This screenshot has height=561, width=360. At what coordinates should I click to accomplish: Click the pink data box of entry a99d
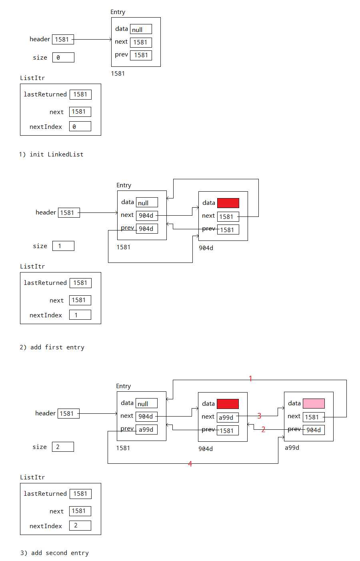(314, 403)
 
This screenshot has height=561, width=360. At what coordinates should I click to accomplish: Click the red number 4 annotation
(190, 464)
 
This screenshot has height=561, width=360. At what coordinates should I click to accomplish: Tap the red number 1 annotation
(250, 379)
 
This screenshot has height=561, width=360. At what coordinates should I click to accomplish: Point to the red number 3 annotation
(259, 416)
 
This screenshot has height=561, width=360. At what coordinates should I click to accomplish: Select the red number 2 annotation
(263, 429)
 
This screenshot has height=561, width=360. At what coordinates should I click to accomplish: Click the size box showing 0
(63, 57)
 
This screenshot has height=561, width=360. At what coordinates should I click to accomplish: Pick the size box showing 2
(63, 447)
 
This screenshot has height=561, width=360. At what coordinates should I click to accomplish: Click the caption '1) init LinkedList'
(51, 154)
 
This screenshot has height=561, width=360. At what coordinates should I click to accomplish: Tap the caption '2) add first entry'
(52, 347)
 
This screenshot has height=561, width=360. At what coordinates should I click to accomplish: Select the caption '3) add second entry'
(54, 553)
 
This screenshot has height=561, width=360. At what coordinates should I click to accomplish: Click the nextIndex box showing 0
(80, 126)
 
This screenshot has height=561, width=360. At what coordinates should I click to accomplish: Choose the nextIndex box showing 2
(80, 525)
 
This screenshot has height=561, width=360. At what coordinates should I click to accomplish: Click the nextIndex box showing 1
(80, 315)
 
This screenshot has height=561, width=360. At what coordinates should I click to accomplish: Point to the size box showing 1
(63, 246)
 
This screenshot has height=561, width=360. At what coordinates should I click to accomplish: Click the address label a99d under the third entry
(292, 448)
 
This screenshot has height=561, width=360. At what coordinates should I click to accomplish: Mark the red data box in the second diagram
(228, 203)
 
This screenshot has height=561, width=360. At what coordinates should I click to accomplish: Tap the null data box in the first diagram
(141, 29)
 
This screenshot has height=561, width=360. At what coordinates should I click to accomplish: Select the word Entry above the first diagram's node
(118, 12)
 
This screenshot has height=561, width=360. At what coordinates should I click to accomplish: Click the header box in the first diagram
(63, 39)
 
